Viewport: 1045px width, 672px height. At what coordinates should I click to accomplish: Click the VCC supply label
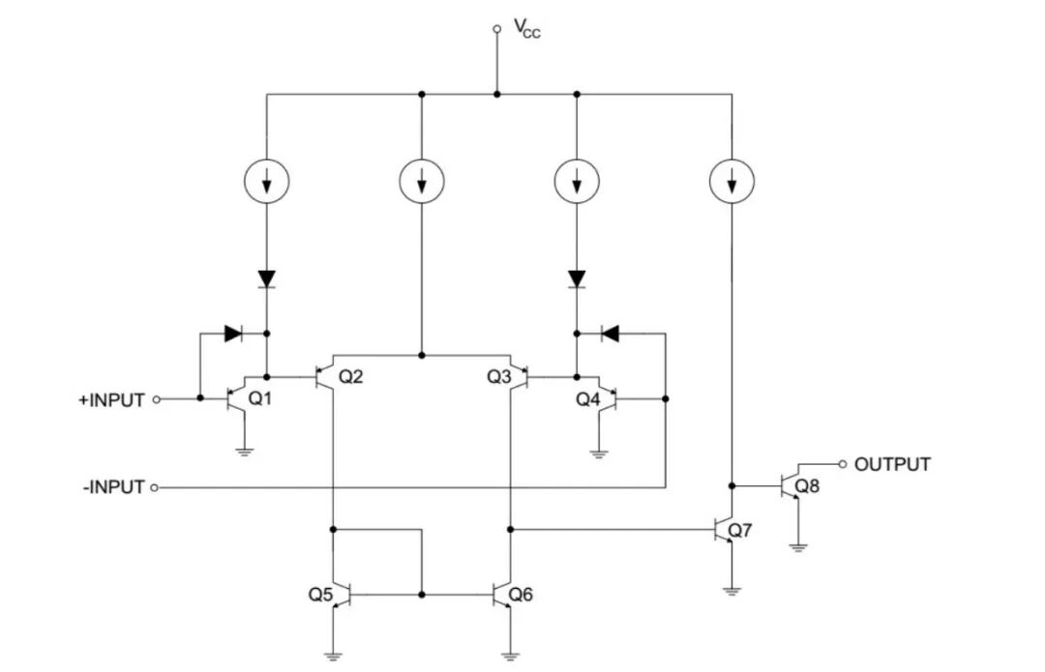point(527,29)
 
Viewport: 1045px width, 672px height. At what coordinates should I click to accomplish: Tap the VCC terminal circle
point(496,29)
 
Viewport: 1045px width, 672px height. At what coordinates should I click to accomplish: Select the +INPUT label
point(111,400)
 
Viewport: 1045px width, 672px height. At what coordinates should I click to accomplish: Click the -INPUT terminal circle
point(155,487)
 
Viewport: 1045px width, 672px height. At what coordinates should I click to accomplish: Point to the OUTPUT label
point(892,464)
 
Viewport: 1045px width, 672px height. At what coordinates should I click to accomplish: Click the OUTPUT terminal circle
point(843,463)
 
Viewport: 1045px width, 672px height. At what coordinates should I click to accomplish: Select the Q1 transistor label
point(260,399)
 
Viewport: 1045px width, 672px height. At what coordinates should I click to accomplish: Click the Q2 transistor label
point(350,377)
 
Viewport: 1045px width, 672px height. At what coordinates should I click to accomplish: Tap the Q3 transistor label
point(499,377)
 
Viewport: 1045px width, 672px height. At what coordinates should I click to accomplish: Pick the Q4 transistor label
point(588,399)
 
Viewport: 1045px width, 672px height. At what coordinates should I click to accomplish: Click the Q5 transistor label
point(320,594)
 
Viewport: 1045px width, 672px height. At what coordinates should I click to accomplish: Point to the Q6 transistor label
point(521,594)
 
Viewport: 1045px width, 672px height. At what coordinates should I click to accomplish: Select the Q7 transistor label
point(740,530)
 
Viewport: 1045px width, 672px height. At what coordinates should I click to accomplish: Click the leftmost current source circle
point(267,181)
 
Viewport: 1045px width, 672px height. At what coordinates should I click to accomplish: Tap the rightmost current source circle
point(731,181)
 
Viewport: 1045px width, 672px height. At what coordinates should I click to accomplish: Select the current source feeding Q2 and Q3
point(422,181)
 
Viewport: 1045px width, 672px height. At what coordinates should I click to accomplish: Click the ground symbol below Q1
point(245,453)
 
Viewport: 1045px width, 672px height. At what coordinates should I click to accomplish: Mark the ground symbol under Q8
point(797,548)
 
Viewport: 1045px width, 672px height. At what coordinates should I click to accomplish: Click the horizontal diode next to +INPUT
point(233,333)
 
